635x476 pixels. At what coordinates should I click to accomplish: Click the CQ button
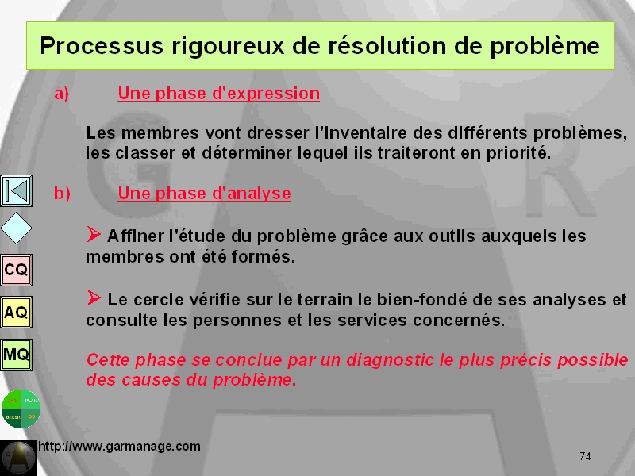pos(16,270)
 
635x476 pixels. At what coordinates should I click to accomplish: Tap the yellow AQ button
pos(16,312)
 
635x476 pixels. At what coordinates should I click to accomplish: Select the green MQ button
pos(16,355)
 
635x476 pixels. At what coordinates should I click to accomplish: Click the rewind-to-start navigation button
pos(16,190)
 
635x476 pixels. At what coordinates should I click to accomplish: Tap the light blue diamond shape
pos(16,228)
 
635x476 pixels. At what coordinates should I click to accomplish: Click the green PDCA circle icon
pos(21,409)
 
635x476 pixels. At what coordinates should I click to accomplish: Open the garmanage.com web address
pos(119,446)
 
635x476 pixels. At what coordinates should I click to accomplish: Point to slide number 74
pos(585,456)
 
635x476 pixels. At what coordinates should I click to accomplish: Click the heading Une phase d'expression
pos(219,94)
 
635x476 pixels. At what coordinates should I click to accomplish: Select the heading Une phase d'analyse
pos(205,194)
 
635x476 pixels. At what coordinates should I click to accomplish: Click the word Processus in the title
pos(102,45)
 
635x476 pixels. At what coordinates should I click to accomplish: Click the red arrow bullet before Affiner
pos(94,234)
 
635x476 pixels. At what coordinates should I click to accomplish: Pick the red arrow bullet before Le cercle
pos(94,298)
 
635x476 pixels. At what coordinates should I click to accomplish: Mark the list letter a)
pos(62,94)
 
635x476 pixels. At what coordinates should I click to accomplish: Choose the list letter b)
pos(62,193)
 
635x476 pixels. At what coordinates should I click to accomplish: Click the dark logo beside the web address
pos(18,458)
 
